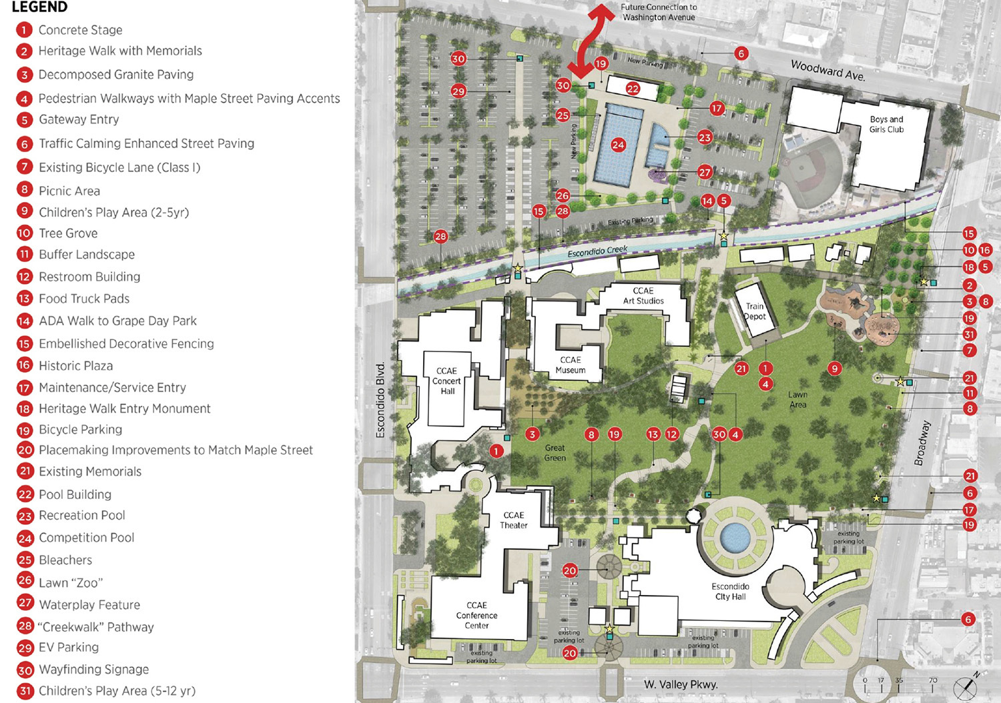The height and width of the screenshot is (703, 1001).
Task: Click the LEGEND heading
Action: [39, 7]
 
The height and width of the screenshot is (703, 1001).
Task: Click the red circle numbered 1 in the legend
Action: [25, 30]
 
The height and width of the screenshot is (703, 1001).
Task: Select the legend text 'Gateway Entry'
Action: [79, 119]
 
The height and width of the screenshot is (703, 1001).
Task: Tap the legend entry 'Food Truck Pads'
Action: [84, 299]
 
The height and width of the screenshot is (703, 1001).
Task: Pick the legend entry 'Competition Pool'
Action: [86, 538]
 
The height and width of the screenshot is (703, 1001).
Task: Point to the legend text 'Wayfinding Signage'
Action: [93, 669]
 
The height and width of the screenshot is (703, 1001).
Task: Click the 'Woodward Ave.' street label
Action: [827, 70]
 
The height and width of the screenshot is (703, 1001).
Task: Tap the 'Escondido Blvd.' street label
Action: [380, 400]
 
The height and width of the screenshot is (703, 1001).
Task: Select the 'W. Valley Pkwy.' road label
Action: [681, 684]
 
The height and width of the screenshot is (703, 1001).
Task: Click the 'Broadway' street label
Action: [922, 443]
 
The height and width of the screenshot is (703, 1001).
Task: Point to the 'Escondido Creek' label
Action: [597, 251]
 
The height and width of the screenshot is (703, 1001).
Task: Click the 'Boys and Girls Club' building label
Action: [886, 124]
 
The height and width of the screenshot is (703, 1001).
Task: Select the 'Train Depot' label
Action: [755, 311]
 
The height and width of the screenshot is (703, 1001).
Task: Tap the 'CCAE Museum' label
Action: [571, 365]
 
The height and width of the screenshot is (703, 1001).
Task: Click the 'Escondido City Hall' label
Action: [730, 591]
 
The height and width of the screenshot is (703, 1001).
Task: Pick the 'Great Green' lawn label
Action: [555, 453]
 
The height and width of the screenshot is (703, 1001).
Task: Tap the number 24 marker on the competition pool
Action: [618, 145]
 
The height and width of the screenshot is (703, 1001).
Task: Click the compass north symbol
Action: [965, 687]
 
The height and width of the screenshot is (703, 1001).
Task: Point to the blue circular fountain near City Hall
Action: [734, 537]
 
